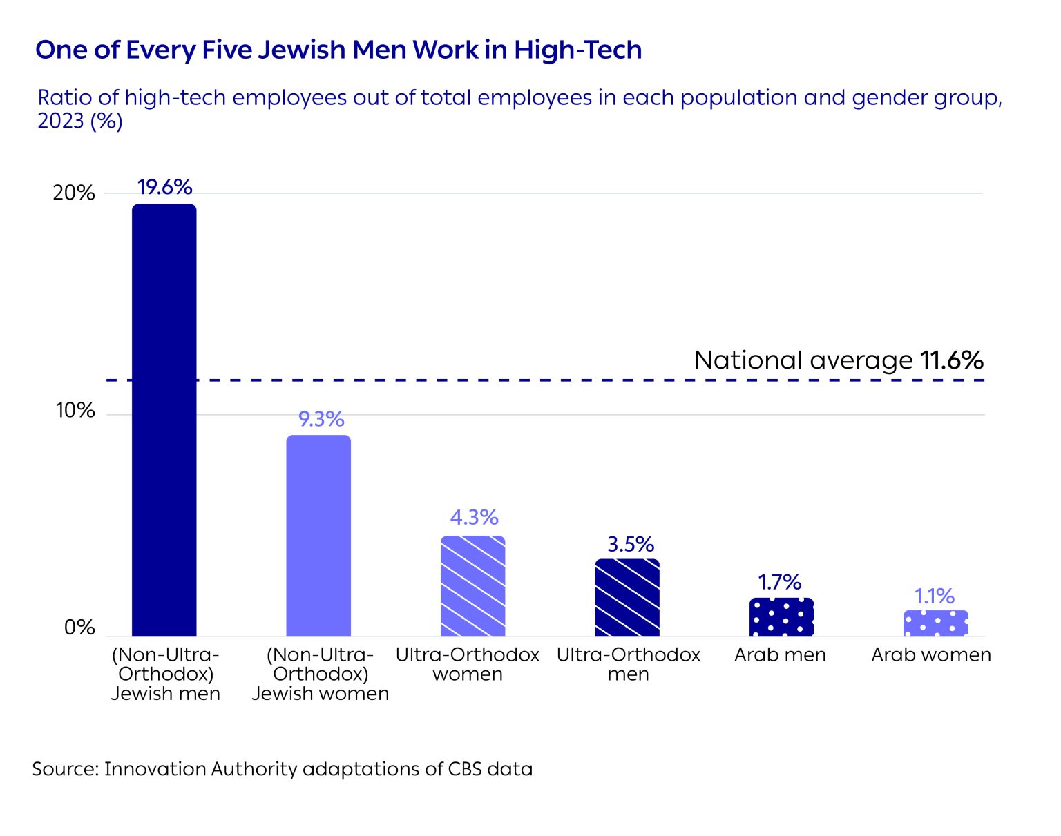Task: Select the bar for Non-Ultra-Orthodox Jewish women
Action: click(318, 536)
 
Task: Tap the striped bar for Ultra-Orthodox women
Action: click(472, 586)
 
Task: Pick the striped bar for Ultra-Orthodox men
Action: click(627, 598)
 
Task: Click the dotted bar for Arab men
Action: click(781, 617)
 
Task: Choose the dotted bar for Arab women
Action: click(935, 623)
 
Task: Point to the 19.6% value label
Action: click(164, 187)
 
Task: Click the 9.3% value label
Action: click(321, 419)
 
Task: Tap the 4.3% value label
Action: click(474, 517)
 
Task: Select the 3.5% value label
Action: click(630, 544)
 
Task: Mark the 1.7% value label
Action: click(780, 582)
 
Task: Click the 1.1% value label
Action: click(935, 596)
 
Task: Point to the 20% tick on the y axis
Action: click(74, 193)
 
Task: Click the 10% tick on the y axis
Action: click(75, 411)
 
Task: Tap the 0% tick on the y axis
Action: click(79, 628)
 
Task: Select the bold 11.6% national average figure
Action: click(951, 360)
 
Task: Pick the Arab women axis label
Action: click(931, 654)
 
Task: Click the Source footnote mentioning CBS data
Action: click(283, 769)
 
